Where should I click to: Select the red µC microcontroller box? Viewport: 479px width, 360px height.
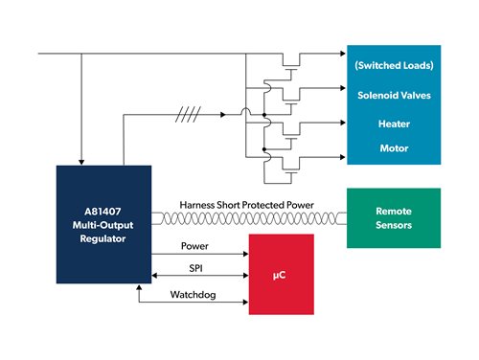click(281, 275)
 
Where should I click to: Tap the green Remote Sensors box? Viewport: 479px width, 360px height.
click(394, 218)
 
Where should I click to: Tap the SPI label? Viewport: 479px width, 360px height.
click(194, 269)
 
